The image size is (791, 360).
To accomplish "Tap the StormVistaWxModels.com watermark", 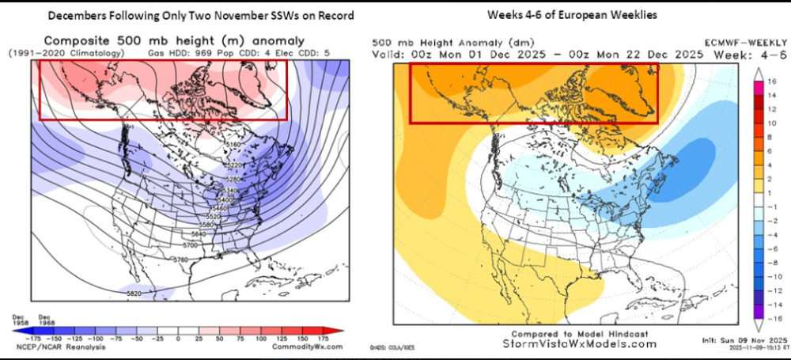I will coord(580,344).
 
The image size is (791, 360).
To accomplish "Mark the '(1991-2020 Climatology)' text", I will coord(67,52).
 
